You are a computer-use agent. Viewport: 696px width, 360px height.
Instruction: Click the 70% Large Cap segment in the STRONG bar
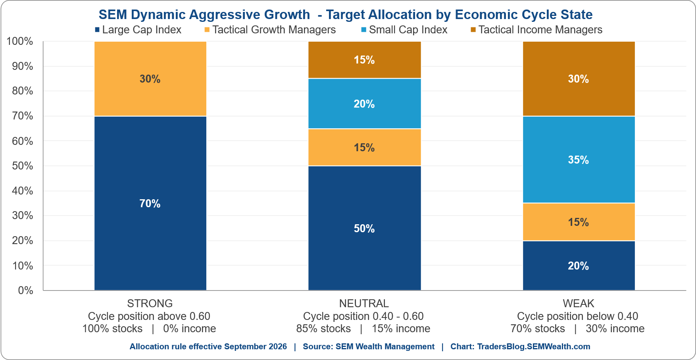150,203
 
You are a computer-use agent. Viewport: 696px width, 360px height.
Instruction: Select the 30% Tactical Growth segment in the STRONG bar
150,79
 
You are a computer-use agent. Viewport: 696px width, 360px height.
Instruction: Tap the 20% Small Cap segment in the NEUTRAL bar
364,104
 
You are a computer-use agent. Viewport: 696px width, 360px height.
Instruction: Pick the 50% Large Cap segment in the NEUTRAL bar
364,228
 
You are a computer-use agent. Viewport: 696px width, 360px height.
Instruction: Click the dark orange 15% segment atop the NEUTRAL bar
364,60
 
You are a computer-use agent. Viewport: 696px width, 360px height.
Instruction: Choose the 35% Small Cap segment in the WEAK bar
579,160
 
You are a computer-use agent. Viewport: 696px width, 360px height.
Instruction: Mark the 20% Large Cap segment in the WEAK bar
579,266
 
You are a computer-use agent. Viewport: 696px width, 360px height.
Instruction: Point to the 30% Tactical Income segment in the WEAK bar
579,79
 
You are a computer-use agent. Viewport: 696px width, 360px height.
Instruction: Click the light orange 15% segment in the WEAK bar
579,222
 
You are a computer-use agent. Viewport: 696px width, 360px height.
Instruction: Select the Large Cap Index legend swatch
97,30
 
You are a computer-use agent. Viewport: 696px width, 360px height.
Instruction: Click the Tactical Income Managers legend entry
536,30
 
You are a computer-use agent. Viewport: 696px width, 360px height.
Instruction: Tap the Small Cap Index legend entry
404,30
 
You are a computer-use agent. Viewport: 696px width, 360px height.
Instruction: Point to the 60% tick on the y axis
23,141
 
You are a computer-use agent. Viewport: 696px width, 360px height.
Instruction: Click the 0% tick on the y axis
25,290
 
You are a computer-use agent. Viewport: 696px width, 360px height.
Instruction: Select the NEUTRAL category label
364,303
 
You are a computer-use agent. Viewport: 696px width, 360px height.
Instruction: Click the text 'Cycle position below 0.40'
577,316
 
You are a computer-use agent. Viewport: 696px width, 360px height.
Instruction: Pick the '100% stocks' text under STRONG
112,329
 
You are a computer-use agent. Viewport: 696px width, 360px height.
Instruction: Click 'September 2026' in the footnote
256,347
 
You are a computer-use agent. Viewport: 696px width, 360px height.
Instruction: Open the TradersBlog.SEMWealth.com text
534,347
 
